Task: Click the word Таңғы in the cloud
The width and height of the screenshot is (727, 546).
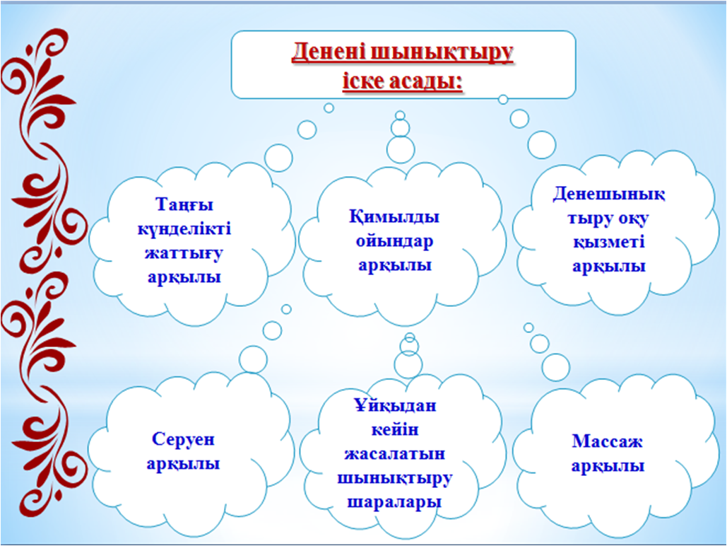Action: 184,205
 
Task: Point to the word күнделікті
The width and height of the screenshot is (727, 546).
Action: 184,229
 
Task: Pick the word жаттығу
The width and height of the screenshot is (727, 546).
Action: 184,253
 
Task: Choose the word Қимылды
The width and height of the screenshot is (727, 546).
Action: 394,217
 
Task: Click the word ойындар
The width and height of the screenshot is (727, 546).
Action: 394,241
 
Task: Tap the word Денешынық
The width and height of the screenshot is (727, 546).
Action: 609,194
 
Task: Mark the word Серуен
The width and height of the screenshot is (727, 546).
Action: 183,439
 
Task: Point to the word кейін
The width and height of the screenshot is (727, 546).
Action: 395,430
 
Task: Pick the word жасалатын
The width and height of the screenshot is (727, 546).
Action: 395,453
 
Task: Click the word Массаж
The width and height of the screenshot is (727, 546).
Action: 607,441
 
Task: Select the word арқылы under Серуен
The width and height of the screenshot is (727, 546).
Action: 183,464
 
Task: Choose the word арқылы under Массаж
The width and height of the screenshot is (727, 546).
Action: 608,465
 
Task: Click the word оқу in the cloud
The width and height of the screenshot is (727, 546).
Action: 632,219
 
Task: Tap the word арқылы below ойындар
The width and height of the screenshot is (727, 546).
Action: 394,265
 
